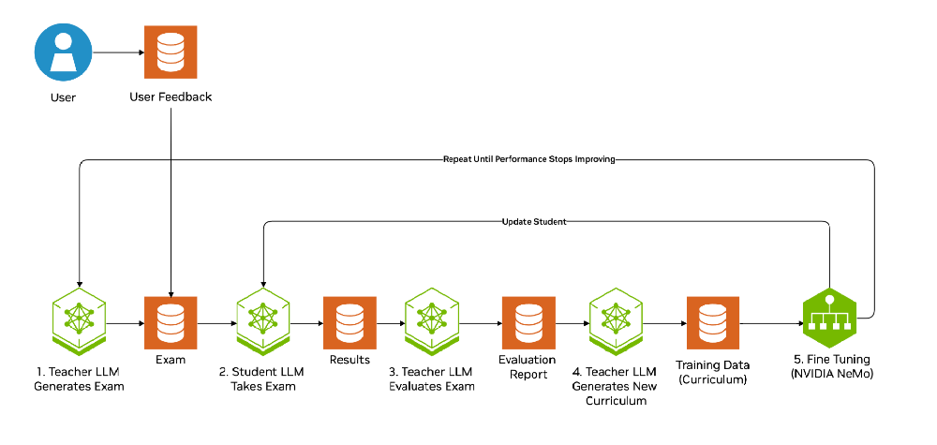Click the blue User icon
tap(63, 52)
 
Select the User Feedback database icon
tap(171, 52)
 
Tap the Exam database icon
tap(171, 322)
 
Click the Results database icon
tap(350, 322)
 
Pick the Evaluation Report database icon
tap(528, 322)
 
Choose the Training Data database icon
tap(712, 322)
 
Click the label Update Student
tap(534, 222)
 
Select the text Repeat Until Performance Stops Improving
tap(528, 159)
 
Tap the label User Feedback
tap(171, 96)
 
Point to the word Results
tap(350, 360)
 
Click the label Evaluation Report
tap(528, 366)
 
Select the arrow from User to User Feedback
tap(118, 52)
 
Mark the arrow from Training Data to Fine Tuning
tap(771, 323)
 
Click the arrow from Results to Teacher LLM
tap(390, 323)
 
